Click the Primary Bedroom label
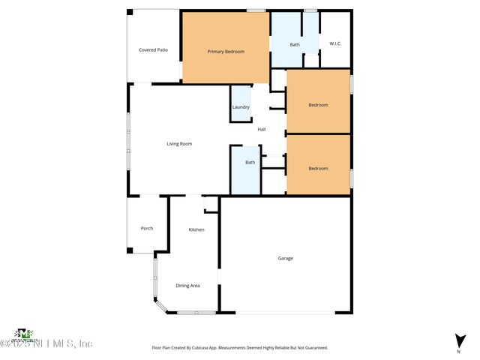point(226,51)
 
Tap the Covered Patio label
point(153,49)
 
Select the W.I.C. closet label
point(335,43)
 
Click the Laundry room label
point(241,107)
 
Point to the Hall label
point(262,129)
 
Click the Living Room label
point(179,143)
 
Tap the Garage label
point(285,258)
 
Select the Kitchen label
point(196,229)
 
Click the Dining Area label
point(187,286)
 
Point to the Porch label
point(147,228)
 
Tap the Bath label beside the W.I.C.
point(295,44)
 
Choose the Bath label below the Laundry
point(250,162)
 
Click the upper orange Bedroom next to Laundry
point(319,105)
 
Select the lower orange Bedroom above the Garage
point(319,168)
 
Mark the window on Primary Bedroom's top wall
point(256,10)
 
